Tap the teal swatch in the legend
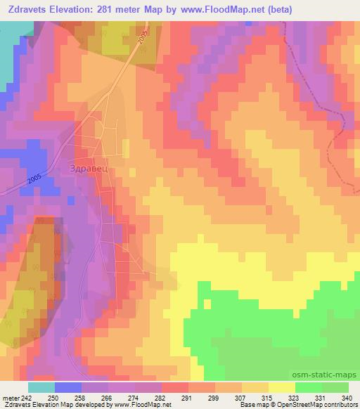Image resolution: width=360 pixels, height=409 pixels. (41, 387)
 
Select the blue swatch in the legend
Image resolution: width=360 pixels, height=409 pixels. (68, 387)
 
